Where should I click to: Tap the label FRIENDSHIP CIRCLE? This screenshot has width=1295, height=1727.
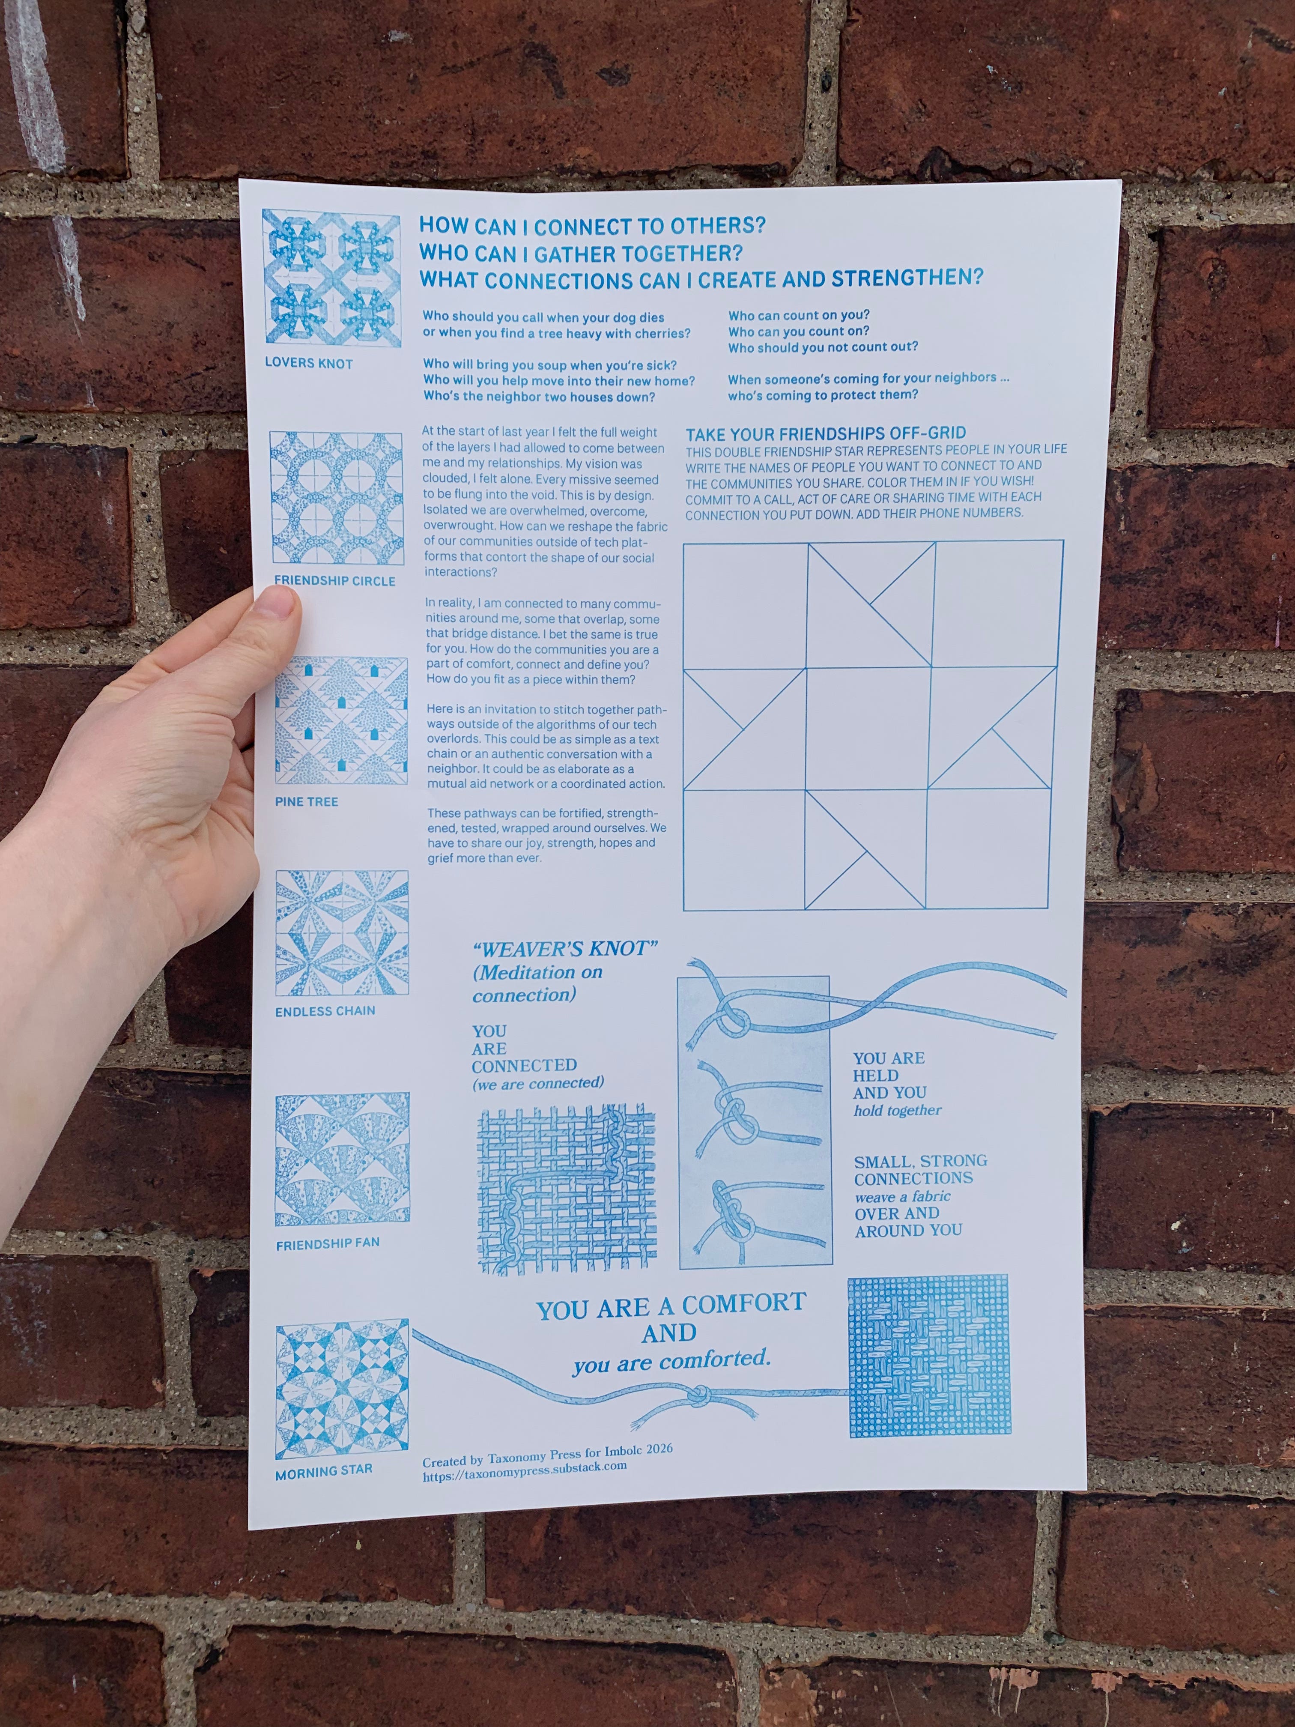[x=334, y=581]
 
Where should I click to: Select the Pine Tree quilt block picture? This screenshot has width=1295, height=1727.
[x=341, y=720]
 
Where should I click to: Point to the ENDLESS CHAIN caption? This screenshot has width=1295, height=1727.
[x=325, y=1011]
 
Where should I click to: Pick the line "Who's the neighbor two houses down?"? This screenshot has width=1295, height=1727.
[x=539, y=397]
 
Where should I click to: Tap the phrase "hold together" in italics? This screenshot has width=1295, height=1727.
[x=898, y=1110]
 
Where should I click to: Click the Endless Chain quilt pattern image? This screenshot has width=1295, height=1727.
[x=342, y=934]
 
